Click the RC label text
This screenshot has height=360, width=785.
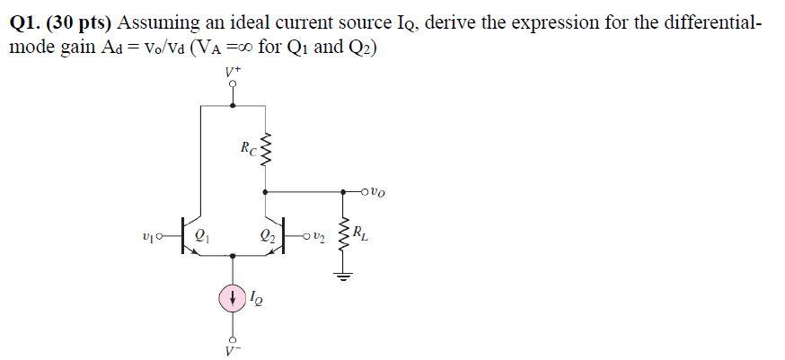pyautogui.click(x=247, y=146)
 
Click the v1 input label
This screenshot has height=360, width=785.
pyautogui.click(x=150, y=238)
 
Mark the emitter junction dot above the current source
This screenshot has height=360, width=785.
pyautogui.click(x=234, y=256)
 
